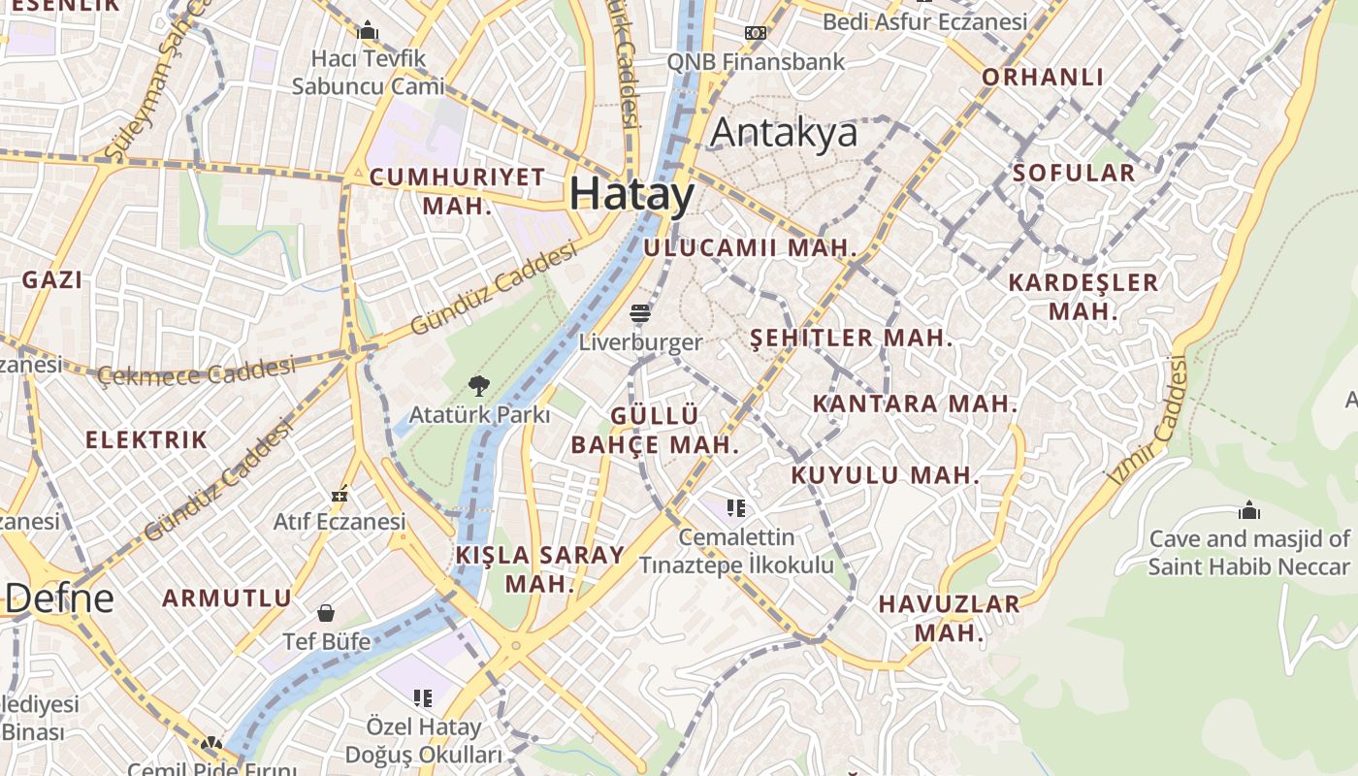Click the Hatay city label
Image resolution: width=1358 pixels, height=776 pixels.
(631, 194)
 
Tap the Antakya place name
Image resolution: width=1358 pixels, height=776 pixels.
(784, 133)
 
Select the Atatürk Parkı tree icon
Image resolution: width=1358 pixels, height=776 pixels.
(479, 386)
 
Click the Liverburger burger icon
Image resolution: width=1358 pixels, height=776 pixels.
(640, 313)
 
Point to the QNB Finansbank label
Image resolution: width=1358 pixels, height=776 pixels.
(756, 61)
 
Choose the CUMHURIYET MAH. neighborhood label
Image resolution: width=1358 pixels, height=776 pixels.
(458, 191)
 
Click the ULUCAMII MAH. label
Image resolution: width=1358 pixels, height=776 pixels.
(751, 247)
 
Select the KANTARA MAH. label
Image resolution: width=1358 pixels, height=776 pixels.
(915, 404)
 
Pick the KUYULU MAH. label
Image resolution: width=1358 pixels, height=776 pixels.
(885, 475)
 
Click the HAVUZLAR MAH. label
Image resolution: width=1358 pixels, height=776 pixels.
(949, 619)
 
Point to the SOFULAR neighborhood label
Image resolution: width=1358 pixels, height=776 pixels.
(1073, 173)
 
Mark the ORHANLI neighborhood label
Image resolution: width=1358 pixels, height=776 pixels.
(1043, 77)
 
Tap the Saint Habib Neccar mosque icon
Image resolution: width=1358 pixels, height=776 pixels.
(1249, 510)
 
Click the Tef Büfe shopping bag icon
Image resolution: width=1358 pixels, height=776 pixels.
(326, 613)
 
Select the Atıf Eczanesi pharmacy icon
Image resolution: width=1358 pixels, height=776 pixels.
(339, 495)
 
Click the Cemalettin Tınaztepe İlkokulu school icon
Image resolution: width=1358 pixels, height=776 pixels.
(736, 507)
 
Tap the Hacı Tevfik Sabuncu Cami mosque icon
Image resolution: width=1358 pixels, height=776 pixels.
(368, 31)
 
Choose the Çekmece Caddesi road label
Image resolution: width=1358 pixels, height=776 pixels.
(196, 372)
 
